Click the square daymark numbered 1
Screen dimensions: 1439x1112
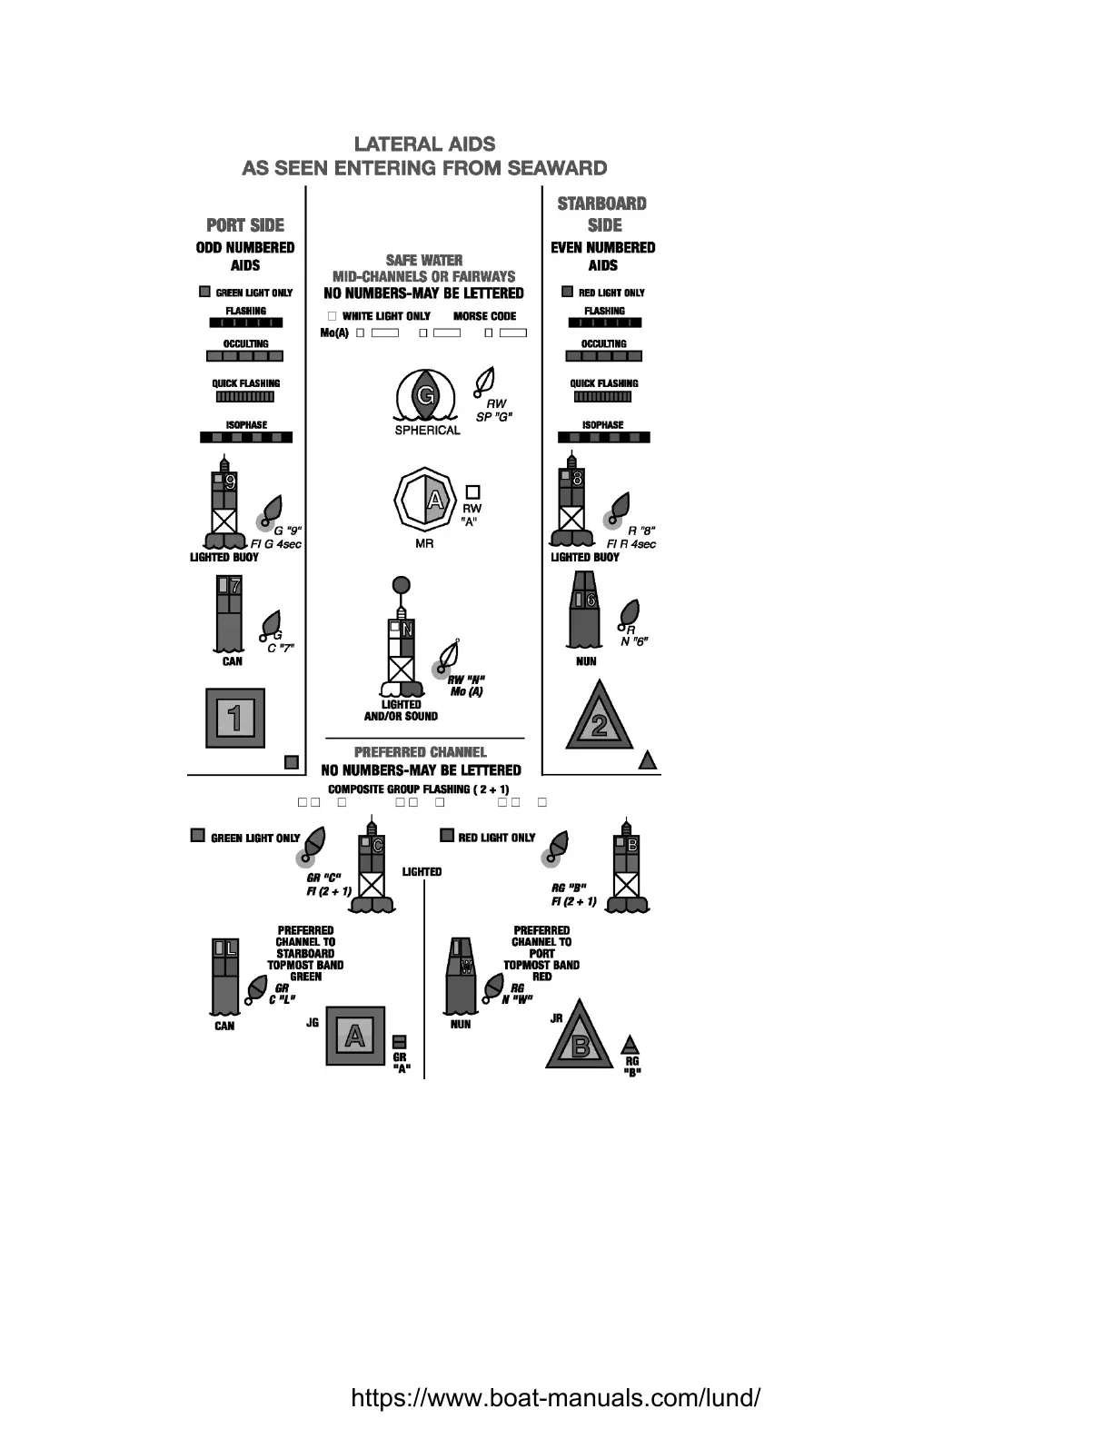coord(235,718)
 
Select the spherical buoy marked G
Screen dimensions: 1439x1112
coord(425,396)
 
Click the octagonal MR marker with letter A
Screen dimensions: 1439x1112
coord(424,501)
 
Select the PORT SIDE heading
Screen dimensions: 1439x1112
coord(245,225)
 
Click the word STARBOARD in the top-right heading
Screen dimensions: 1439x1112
coord(602,203)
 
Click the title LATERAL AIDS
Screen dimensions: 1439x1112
coord(424,144)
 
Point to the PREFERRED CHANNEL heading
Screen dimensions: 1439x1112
coord(421,752)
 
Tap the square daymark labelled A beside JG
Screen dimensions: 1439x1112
coord(355,1036)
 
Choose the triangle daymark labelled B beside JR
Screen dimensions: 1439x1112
coord(580,1040)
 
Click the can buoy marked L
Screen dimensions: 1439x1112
coord(225,977)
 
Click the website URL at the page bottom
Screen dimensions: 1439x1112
coord(555,1397)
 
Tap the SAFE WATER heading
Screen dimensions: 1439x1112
coord(424,260)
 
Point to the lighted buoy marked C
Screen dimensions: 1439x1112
coord(372,868)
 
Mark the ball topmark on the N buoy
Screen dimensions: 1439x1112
coord(401,585)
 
